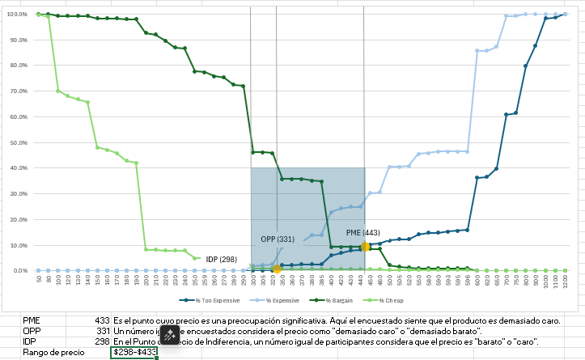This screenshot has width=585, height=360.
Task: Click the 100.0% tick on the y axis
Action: tap(17, 15)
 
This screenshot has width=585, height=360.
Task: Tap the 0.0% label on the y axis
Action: tap(19, 270)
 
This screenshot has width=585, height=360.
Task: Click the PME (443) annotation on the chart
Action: tap(363, 233)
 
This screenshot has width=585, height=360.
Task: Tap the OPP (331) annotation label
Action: tap(278, 239)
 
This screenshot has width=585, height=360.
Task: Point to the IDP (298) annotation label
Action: tap(222, 259)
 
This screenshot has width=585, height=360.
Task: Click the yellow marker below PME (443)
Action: tap(365, 247)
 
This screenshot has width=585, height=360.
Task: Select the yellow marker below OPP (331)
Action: tap(278, 269)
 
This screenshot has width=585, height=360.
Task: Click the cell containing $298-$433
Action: tap(134, 352)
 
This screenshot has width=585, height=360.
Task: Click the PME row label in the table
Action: tap(32, 320)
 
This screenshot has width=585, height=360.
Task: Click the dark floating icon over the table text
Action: tap(170, 335)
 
